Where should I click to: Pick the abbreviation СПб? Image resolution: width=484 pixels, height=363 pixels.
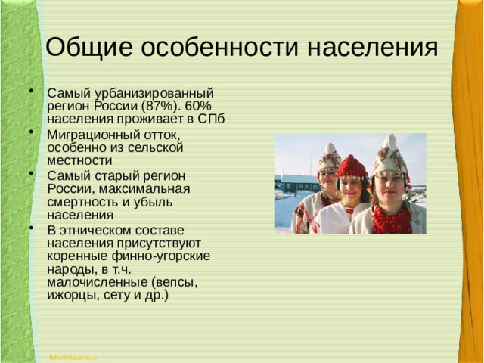click(x=215, y=119)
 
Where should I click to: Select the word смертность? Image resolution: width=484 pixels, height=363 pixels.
click(x=83, y=188)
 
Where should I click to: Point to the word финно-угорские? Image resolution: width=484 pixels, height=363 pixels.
click(x=166, y=256)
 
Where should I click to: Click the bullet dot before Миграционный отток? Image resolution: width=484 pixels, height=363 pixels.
click(x=31, y=132)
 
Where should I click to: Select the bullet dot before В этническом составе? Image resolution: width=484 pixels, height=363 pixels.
click(x=31, y=228)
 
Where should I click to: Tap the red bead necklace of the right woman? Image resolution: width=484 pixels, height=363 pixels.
click(x=392, y=219)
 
